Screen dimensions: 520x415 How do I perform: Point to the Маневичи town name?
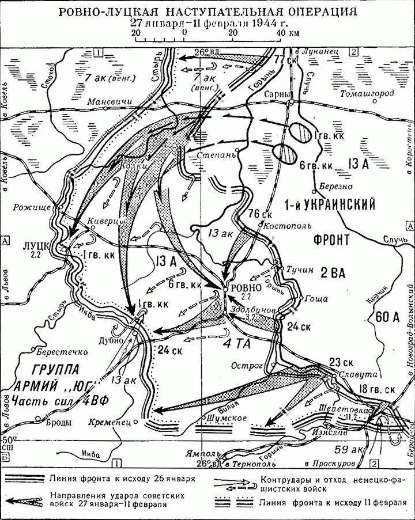pyautogui.click(x=106, y=102)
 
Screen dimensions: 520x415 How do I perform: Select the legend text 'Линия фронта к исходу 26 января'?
pyautogui.click(x=122, y=477)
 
